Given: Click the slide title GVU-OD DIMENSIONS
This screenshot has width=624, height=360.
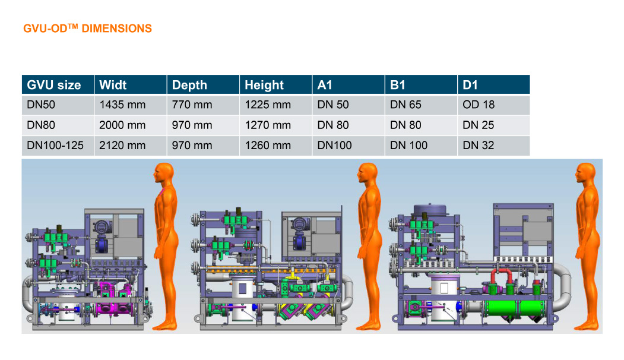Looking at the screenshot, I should point(87,29).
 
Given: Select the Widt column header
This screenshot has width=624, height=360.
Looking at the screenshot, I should point(113,85).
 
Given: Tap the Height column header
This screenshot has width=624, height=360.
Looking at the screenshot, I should point(264,85).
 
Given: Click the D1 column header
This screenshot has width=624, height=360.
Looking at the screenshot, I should point(470,85).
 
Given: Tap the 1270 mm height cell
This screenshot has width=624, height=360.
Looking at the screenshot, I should point(267,125).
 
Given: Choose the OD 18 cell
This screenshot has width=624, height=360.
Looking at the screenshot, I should point(478,105).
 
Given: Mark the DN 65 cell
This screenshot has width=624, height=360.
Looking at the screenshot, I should point(406,105).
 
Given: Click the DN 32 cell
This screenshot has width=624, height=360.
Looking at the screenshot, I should point(478,146).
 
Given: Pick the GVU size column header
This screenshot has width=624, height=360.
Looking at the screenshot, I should point(54,85).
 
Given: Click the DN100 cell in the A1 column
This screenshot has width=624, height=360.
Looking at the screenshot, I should point(334,146).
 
